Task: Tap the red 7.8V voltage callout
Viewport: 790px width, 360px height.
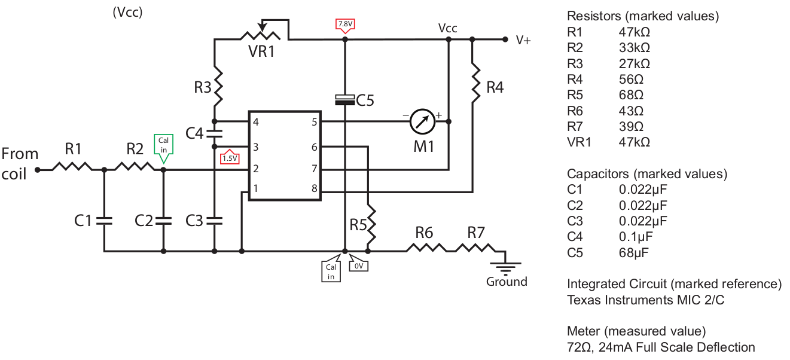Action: (345, 25)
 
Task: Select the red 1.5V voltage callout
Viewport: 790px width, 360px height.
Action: (230, 157)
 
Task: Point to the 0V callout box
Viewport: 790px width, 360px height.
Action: (358, 265)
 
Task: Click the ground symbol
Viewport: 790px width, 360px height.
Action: (505, 268)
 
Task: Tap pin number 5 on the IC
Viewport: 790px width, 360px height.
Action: (314, 122)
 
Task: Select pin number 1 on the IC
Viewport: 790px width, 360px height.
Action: (256, 188)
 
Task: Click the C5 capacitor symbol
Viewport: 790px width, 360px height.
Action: (344, 100)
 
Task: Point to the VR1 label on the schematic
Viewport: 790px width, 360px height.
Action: (261, 51)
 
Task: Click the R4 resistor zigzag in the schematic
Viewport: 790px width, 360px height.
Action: (476, 83)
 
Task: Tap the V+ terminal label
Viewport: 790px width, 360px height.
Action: (523, 40)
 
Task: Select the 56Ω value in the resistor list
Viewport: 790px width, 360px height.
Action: (631, 80)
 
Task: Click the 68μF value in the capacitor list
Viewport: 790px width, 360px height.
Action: (634, 252)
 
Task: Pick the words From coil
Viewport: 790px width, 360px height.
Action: (20, 164)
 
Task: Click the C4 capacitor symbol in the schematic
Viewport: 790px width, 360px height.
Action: (215, 133)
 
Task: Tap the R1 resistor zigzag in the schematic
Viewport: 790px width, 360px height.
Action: (72, 166)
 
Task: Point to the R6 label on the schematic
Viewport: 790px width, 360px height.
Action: (424, 233)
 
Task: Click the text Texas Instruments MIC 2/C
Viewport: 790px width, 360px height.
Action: (645, 300)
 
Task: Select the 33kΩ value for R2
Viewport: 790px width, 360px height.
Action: (635, 48)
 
